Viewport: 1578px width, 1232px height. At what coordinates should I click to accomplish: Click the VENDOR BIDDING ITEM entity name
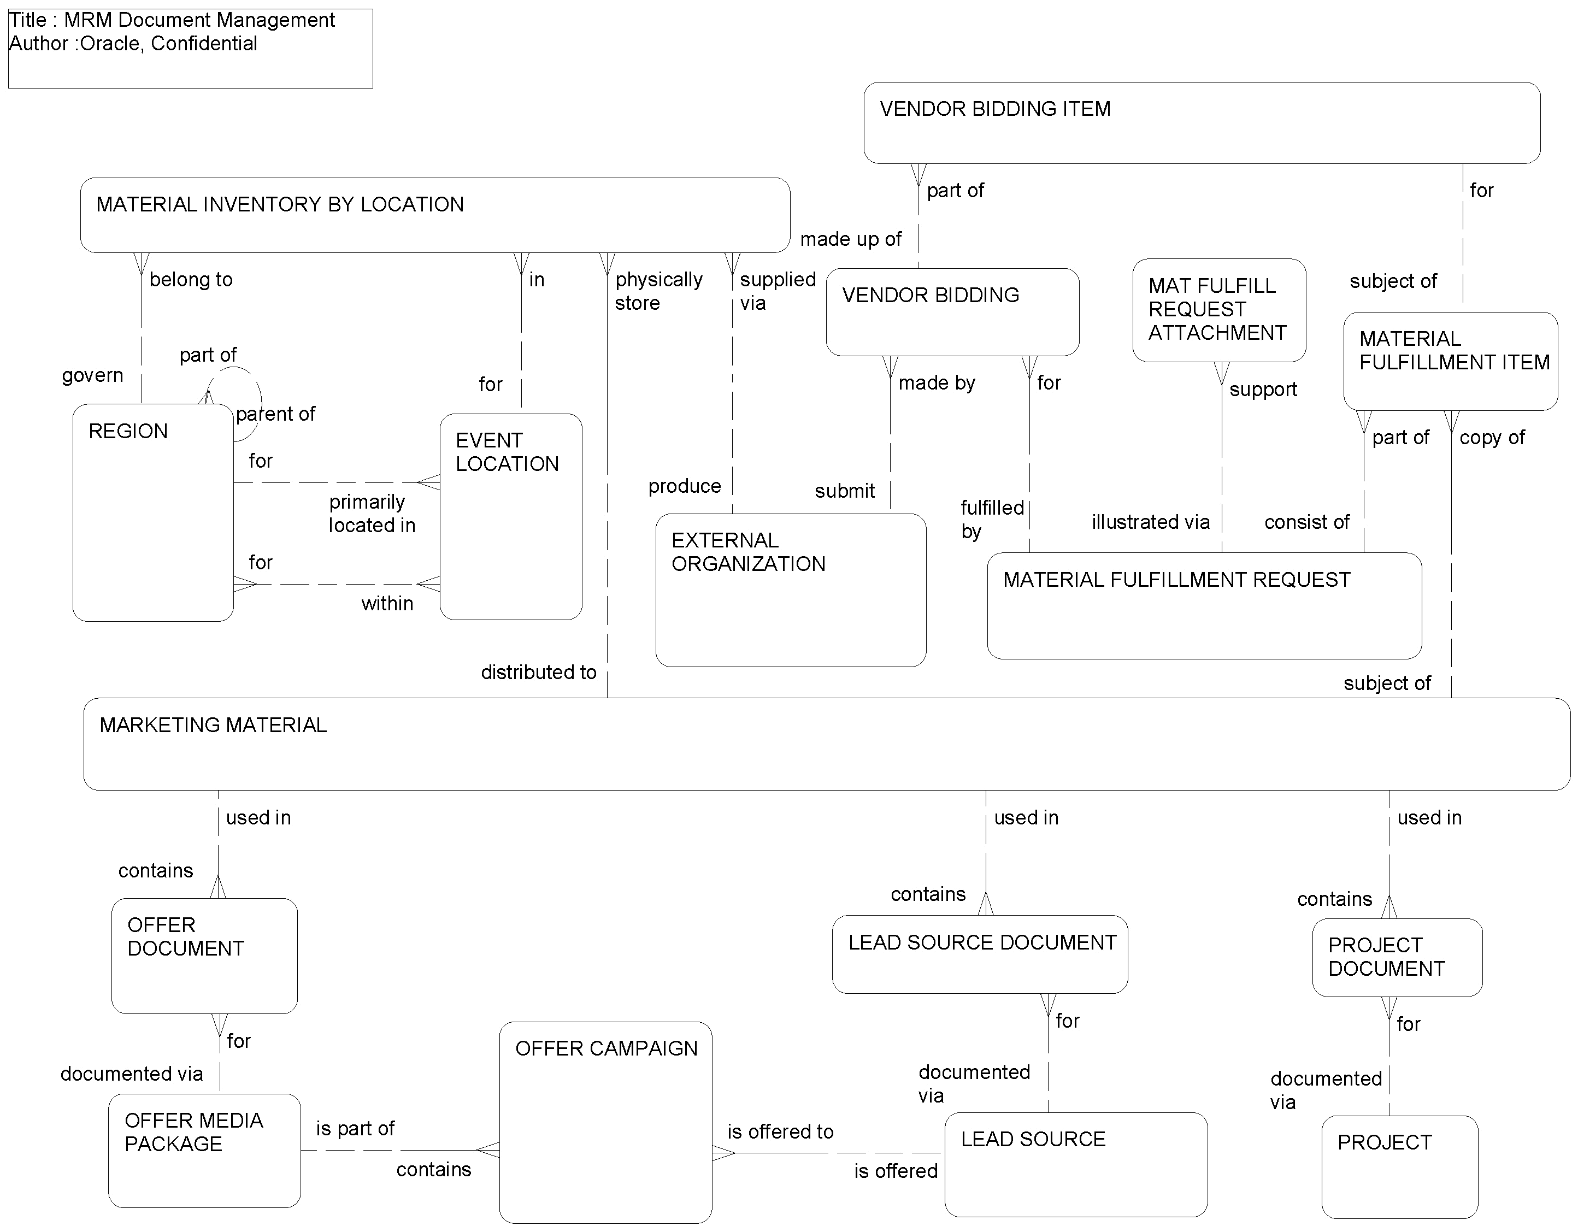point(995,109)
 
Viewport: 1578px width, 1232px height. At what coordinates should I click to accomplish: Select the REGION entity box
point(152,513)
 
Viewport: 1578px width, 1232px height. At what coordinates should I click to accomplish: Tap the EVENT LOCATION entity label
point(507,452)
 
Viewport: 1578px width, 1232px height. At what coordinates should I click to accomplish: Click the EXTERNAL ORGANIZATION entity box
point(791,591)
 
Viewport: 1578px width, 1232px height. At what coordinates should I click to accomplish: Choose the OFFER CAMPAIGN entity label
point(606,1048)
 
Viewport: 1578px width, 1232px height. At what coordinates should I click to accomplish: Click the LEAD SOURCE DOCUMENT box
point(980,954)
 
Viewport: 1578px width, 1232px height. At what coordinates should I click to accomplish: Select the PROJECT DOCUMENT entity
point(1397,957)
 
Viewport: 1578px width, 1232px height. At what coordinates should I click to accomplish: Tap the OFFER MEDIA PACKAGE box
point(204,1151)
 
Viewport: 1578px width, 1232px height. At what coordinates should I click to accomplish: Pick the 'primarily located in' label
point(372,514)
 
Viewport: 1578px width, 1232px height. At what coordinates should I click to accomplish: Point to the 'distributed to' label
point(538,673)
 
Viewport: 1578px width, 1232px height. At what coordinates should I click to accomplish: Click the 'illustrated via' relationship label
point(1150,522)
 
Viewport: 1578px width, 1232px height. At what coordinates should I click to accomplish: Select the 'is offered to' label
point(780,1131)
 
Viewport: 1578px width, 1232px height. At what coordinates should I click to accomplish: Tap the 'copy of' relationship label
point(1491,438)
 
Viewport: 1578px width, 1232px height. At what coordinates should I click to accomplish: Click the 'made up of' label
point(850,239)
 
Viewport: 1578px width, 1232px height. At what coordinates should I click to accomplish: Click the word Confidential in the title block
point(204,43)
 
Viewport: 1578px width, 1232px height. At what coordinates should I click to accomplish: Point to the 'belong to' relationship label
point(191,280)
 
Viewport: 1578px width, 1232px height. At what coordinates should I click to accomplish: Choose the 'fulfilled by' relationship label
point(991,520)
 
